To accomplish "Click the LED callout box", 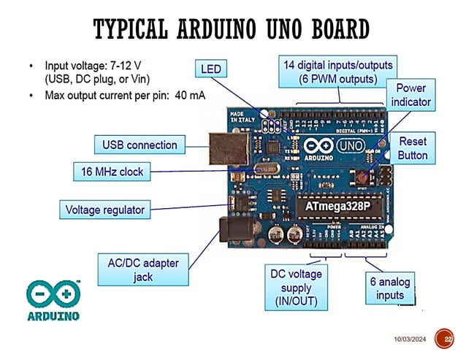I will coord(211,69).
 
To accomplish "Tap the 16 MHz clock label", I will coord(112,172).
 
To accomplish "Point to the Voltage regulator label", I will coord(105,210).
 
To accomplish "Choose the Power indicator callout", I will coord(410,96).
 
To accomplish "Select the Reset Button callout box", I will coord(413,147).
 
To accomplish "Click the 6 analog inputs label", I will coord(390,288).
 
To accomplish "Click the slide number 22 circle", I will coord(444,340).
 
